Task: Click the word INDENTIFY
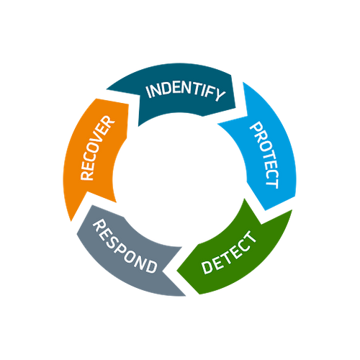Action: point(186,92)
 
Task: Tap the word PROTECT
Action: point(265,155)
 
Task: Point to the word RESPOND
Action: point(125,246)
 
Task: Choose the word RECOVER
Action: point(97,148)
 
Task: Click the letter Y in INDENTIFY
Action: point(220,94)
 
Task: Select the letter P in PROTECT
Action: point(256,127)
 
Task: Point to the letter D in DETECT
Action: point(207,267)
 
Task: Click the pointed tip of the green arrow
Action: point(177,271)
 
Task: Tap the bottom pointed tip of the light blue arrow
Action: point(266,210)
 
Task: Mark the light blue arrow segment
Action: point(266,153)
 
